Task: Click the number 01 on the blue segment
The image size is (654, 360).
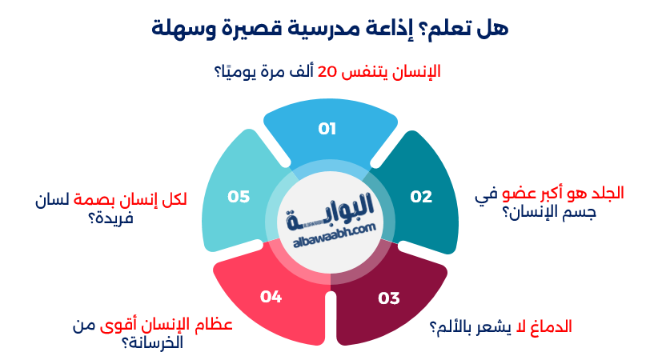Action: (327, 128)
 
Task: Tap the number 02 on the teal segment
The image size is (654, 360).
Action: (421, 196)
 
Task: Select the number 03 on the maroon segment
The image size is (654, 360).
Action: (388, 298)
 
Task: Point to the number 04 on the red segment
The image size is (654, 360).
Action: (271, 297)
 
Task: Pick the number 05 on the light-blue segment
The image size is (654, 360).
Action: (239, 196)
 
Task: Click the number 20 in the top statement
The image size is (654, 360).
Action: (327, 71)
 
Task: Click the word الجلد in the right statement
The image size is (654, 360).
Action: (606, 194)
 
